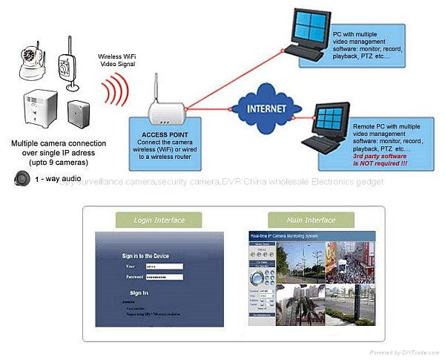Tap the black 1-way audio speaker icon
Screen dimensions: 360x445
click(22, 178)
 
